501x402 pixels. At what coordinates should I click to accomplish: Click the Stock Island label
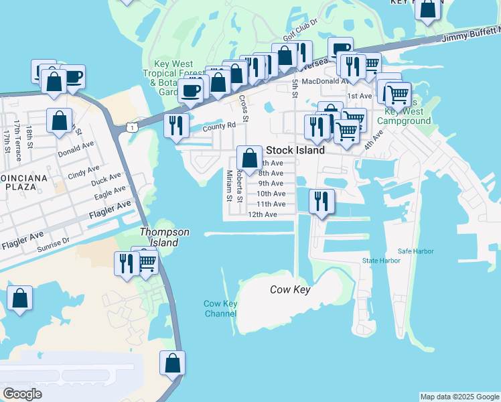(295, 150)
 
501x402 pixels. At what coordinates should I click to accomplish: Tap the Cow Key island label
(291, 289)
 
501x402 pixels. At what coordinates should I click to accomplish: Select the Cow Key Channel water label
(220, 308)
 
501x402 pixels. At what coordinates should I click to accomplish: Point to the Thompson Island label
(164, 237)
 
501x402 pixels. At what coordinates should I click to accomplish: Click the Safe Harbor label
(416, 251)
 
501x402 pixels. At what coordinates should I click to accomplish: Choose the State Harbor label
(380, 261)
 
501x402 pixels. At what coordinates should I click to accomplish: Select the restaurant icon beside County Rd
(177, 126)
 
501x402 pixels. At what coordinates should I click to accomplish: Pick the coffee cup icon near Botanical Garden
(190, 90)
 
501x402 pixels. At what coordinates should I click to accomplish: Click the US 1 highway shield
(133, 126)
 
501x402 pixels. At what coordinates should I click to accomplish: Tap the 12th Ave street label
(263, 214)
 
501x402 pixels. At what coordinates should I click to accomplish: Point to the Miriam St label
(229, 185)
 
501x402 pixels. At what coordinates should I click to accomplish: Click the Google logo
(23, 394)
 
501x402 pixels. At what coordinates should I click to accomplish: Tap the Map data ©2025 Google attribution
(459, 397)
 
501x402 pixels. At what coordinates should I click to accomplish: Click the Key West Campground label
(404, 117)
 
